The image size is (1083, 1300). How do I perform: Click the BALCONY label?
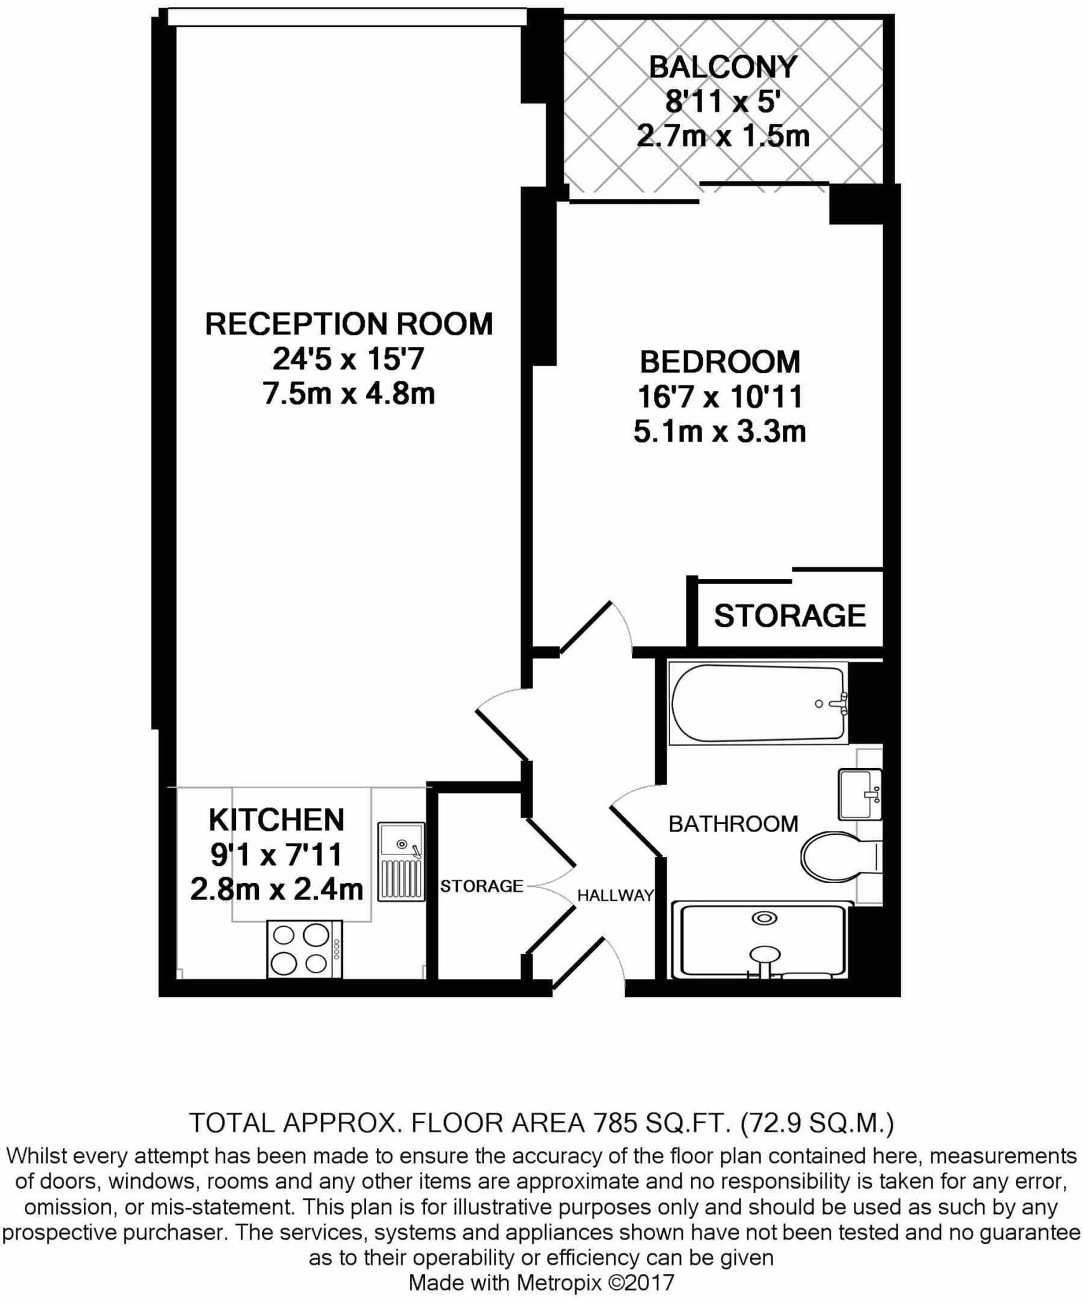pyautogui.click(x=723, y=67)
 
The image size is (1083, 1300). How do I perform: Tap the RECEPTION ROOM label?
pyautogui.click(x=349, y=324)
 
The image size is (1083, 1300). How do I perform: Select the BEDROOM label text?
pyautogui.click(x=720, y=362)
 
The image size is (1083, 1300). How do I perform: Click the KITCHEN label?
pyautogui.click(x=277, y=820)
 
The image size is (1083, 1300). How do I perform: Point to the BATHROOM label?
pyautogui.click(x=733, y=824)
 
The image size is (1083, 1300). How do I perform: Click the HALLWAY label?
pyautogui.click(x=615, y=896)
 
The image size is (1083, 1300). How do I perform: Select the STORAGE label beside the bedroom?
pyautogui.click(x=790, y=616)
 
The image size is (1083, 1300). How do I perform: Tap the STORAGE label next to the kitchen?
pyautogui.click(x=482, y=886)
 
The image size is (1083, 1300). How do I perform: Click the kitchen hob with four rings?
pyautogui.click(x=305, y=950)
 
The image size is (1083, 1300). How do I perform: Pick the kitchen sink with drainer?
pyautogui.click(x=401, y=861)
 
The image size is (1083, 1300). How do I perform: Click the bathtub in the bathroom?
pyautogui.click(x=758, y=703)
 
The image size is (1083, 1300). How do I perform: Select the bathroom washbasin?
pyautogui.click(x=860, y=794)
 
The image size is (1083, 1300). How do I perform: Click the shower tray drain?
pyautogui.click(x=764, y=919)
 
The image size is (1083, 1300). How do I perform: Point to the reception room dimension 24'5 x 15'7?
pyautogui.click(x=348, y=360)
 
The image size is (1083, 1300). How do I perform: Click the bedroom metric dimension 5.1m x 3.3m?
pyautogui.click(x=720, y=432)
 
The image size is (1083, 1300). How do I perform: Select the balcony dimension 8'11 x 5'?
pyautogui.click(x=723, y=102)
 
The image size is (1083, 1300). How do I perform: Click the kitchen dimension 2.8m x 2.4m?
pyautogui.click(x=277, y=889)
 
